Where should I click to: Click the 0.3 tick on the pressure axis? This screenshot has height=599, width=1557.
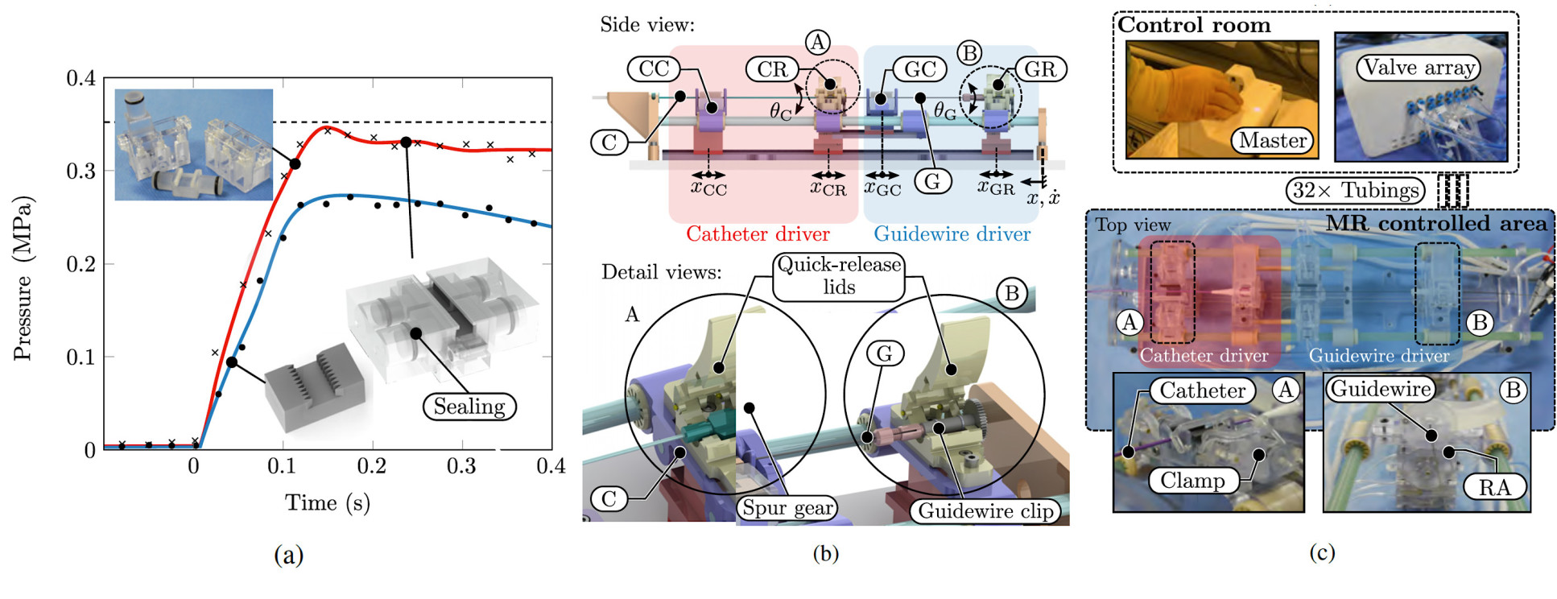tap(81, 171)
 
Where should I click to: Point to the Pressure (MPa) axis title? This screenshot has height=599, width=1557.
tap(24, 278)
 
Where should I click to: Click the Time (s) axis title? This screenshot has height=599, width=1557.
tap(327, 503)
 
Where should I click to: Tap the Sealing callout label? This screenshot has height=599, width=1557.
tap(469, 407)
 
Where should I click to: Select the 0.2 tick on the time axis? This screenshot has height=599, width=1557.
tap(372, 466)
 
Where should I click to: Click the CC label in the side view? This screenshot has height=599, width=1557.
tap(654, 68)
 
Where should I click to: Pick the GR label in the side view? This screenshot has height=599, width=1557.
tap(1039, 69)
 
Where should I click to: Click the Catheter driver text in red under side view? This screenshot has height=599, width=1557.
tap(758, 234)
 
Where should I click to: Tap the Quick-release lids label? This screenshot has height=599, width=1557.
tap(839, 275)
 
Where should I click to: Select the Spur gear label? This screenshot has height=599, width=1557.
tap(787, 508)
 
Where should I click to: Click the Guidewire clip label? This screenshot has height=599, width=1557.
tap(985, 511)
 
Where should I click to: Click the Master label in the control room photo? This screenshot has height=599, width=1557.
tap(1272, 141)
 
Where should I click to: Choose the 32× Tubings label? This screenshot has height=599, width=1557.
tap(1355, 191)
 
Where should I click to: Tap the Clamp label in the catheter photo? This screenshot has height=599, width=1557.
tap(1192, 481)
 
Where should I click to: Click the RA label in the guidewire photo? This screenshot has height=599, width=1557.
tap(1494, 487)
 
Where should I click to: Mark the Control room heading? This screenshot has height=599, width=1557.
tap(1194, 25)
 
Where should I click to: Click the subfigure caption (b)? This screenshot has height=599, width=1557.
tap(825, 553)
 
